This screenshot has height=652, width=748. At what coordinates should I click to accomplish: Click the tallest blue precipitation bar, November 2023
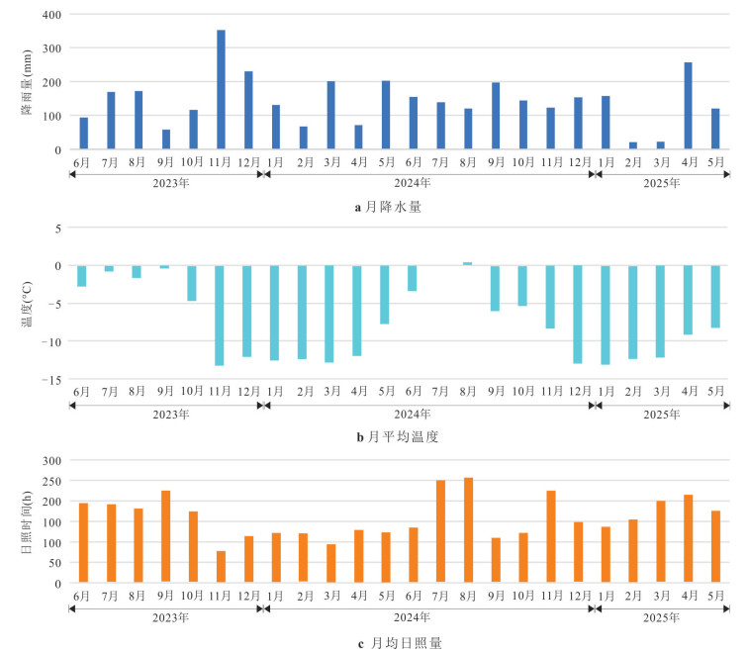(x=221, y=90)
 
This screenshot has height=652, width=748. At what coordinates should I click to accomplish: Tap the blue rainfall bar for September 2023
(x=165, y=140)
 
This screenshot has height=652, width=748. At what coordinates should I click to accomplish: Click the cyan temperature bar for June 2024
(x=413, y=278)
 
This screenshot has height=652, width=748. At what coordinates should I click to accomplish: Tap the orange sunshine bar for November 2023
(x=221, y=567)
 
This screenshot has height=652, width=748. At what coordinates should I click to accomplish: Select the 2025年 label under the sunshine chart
(x=661, y=617)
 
